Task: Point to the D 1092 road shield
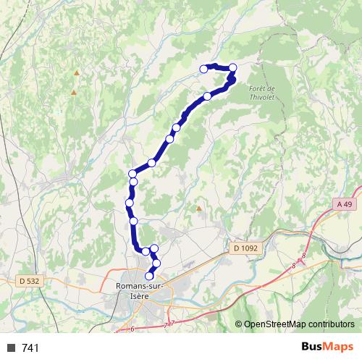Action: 245,248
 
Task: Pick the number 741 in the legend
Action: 31,348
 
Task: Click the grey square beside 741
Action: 11,348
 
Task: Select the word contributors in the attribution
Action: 329,324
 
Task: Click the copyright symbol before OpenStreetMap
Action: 239,324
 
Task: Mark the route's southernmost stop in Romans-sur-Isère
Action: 150,276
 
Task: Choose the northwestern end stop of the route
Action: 203,69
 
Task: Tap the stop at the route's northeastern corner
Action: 232,68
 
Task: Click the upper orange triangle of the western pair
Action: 76,73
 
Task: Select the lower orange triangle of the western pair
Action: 73,92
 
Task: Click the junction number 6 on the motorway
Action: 133,329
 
